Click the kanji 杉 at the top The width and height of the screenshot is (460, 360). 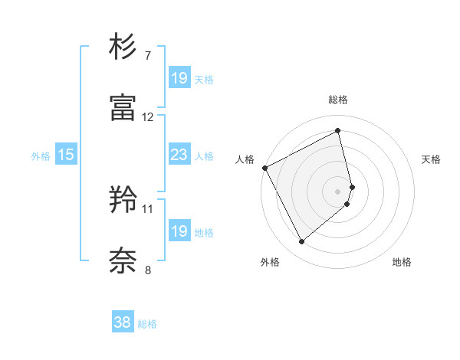tap(123, 48)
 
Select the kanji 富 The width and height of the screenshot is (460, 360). tap(123, 108)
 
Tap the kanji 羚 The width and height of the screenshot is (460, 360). tap(123, 201)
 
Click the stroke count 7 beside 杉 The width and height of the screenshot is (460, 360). tap(148, 56)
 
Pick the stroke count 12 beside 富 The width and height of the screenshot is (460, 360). tap(148, 116)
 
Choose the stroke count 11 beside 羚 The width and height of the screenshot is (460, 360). tap(148, 208)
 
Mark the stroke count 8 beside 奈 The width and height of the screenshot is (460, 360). tap(148, 269)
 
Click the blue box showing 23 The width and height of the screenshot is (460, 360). tap(179, 155)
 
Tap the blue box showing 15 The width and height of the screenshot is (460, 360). tap(65, 155)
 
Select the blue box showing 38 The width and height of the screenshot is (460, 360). tap(122, 323)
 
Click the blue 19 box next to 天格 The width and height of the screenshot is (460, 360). tap(179, 78)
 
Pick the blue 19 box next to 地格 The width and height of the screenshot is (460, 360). tap(179, 232)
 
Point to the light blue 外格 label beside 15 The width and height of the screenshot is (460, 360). tap(41, 156)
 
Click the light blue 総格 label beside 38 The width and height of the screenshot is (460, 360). tap(147, 324)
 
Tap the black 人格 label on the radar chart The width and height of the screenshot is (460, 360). tap(245, 159)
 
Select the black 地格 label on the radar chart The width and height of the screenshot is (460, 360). tap(402, 262)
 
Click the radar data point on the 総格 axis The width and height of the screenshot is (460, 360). tap(338, 130)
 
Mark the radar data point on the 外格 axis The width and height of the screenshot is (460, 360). tap(302, 242)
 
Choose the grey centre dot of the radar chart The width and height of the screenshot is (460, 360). tap(338, 190)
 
